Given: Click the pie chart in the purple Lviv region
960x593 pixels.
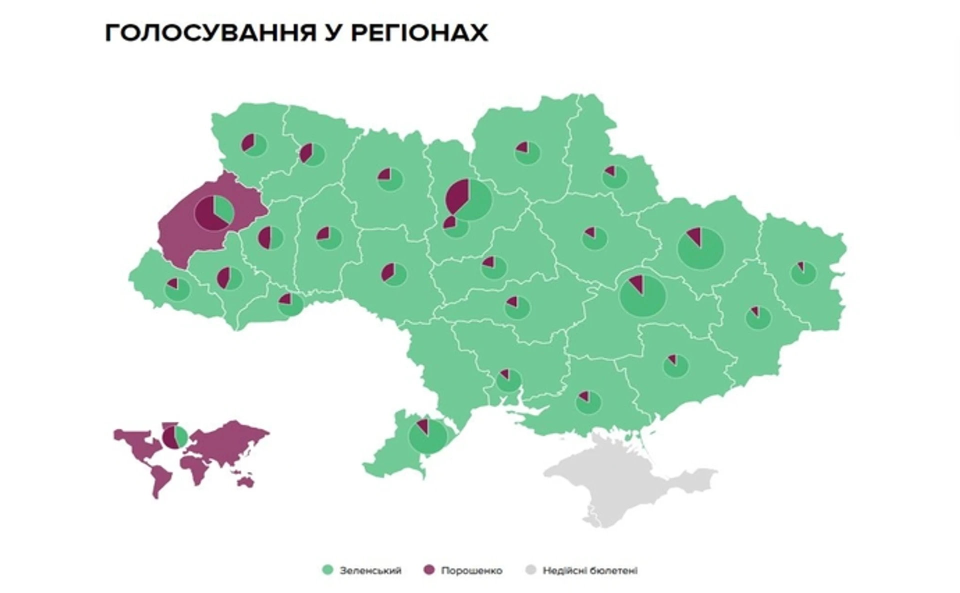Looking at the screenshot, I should coord(214,213).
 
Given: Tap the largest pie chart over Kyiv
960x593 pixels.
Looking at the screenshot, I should coord(469,199).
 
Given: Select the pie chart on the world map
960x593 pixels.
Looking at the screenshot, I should coord(175,437).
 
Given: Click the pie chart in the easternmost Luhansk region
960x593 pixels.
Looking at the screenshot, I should coord(803,273).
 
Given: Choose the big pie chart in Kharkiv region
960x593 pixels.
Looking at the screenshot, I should coord(700,248).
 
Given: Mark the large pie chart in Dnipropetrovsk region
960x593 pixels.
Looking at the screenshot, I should coord(642,296).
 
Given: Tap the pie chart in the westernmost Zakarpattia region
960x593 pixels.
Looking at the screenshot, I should coord(177,290).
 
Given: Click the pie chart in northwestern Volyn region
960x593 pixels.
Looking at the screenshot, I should coord(254,145).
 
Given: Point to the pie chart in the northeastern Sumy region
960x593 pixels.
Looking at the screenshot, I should coord(614,177).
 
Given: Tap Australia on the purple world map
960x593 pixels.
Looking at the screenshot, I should coord(246,482).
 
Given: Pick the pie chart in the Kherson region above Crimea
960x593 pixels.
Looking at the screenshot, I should coord(588,402).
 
